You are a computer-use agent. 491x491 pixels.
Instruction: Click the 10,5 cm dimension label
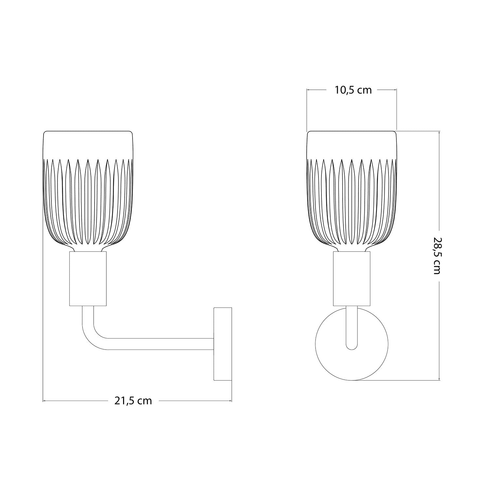pyautogui.click(x=353, y=90)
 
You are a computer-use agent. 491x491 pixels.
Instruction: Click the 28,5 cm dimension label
pyautogui.click(x=436, y=256)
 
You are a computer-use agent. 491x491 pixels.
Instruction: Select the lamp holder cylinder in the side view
pyautogui.click(x=88, y=279)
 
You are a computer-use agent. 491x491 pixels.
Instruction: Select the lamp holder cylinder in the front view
pyautogui.click(x=352, y=279)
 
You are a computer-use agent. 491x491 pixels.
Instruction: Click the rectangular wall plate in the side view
pyautogui.click(x=223, y=344)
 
